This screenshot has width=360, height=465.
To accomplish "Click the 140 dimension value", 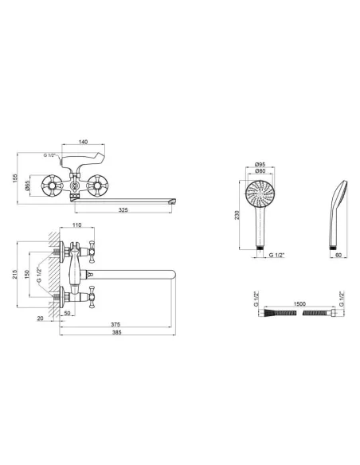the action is [x=84, y=142].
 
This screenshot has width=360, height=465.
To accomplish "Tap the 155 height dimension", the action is [x=15, y=178].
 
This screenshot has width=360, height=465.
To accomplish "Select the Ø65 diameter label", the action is [x=27, y=186].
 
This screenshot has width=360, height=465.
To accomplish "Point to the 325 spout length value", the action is [x=123, y=210].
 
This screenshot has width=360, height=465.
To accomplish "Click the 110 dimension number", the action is [x=76, y=225].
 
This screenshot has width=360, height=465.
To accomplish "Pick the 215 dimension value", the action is [x=15, y=275].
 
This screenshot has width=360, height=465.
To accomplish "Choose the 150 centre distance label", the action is [x=27, y=275].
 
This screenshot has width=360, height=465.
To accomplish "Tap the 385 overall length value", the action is [x=117, y=333].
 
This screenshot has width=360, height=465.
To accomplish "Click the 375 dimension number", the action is [x=115, y=325].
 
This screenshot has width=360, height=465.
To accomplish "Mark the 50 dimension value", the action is [x=68, y=313].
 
